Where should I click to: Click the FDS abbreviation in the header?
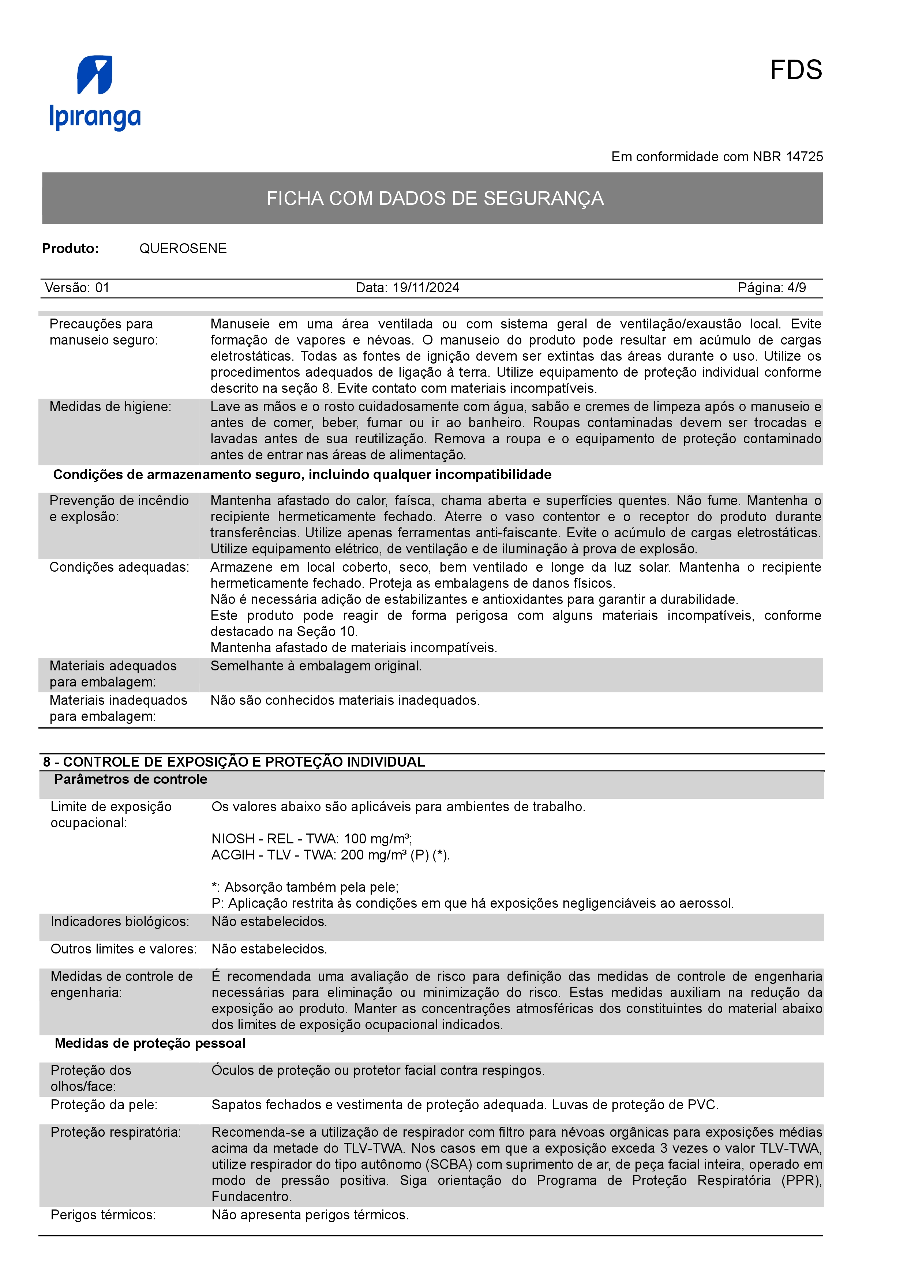tap(795, 71)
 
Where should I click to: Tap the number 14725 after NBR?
tap(804, 157)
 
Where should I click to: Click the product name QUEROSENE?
tap(183, 249)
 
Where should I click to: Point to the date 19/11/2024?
tap(426, 288)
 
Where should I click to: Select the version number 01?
tap(102, 288)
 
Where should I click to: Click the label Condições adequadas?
tap(119, 567)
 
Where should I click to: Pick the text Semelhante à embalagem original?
tap(316, 666)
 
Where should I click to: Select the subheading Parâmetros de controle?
tap(130, 779)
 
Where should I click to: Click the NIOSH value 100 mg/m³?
tap(378, 839)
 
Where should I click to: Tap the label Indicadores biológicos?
tap(120, 921)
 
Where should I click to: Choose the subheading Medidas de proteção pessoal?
tap(150, 1043)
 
